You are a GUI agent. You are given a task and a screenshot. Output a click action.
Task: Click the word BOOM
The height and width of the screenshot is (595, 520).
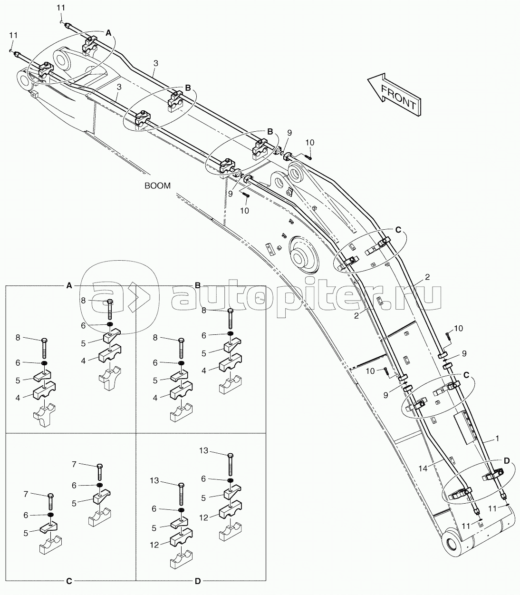pos(157,185)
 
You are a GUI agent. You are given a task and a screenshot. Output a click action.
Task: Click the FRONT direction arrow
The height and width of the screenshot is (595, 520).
pos(395,95)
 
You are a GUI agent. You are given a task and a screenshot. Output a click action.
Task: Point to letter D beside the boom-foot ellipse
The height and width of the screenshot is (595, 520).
pos(507,461)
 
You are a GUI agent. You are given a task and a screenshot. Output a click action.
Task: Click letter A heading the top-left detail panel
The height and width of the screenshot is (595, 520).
pos(69,285)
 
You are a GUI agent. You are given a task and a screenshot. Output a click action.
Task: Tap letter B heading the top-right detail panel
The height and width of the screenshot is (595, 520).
pos(198,285)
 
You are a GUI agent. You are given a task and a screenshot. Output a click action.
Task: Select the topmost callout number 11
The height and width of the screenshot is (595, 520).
pos(61,8)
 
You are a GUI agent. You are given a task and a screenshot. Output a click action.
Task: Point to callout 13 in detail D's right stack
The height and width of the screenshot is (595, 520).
pos(204,450)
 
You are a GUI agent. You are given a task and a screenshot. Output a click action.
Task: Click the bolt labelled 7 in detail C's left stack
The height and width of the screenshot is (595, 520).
pos(50,501)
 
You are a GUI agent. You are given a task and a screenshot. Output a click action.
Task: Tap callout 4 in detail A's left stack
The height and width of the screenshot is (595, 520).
pos(18,398)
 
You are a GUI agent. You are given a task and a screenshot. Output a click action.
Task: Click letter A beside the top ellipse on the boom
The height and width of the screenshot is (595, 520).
pos(108,33)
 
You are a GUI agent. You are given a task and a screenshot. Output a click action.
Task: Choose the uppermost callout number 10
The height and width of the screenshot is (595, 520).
pos(310,143)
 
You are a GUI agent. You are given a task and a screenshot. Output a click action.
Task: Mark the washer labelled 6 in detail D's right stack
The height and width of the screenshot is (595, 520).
pos(230,480)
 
